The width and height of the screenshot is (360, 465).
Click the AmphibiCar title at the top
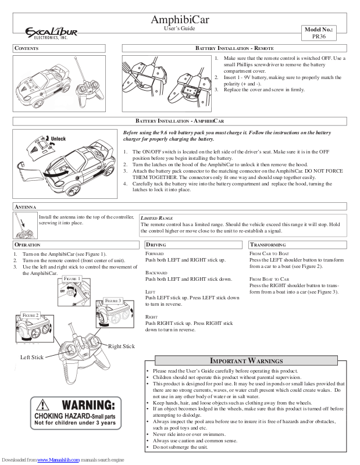tap(180, 20)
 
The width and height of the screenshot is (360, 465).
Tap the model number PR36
tap(319, 37)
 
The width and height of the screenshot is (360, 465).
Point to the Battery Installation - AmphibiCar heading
tap(180, 121)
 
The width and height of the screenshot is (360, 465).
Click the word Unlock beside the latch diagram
tap(58, 139)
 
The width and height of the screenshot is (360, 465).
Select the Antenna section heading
tap(25, 207)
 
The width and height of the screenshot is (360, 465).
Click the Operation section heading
tap(28, 246)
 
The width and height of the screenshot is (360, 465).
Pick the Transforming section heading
tap(267, 246)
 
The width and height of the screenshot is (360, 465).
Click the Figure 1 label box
tap(73, 279)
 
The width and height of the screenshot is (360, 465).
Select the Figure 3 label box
tap(113, 300)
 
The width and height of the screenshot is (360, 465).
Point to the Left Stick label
tap(32, 357)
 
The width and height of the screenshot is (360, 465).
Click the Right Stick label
tap(122, 346)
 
